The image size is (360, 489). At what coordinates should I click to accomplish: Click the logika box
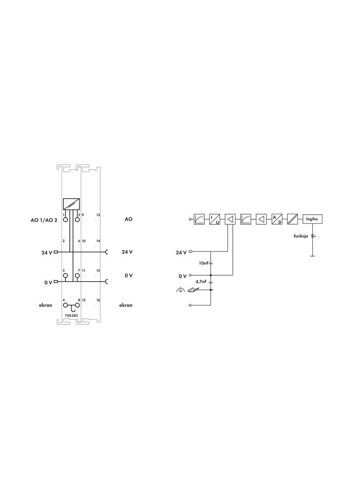312,219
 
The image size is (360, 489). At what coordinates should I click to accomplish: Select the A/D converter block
276,219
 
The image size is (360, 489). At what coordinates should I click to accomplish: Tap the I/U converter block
214,219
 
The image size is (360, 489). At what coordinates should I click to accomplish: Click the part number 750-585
71,316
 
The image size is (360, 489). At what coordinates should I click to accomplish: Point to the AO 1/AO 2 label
44,220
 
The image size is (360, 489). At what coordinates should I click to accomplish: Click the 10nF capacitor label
203,263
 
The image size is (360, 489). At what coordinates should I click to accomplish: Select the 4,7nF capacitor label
201,282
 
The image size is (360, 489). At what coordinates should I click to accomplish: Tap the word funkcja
301,236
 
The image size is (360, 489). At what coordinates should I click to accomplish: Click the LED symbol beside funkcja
313,236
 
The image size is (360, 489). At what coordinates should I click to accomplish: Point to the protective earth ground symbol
180,290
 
